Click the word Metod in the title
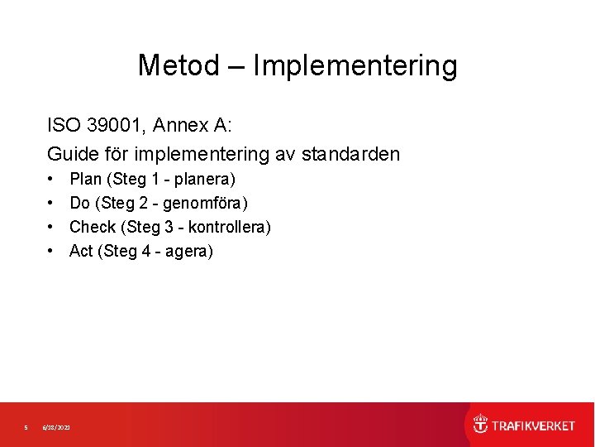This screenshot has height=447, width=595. (x=178, y=65)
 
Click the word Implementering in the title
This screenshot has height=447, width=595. (x=355, y=66)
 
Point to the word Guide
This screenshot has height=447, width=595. (x=72, y=154)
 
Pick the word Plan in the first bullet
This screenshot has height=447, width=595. (x=85, y=179)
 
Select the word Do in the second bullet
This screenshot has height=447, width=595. (x=80, y=203)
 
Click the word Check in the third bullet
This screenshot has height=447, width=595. (x=93, y=227)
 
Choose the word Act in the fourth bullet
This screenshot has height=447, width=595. (x=81, y=251)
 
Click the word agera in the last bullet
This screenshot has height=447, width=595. (x=187, y=252)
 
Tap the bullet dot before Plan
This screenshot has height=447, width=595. (x=51, y=180)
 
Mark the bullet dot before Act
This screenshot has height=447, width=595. (x=51, y=252)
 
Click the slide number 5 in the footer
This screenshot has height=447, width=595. (x=26, y=427)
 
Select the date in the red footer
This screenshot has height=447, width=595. (x=57, y=427)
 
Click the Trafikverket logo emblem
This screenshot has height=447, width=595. (x=480, y=425)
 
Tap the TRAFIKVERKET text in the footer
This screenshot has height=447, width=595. (x=533, y=425)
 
